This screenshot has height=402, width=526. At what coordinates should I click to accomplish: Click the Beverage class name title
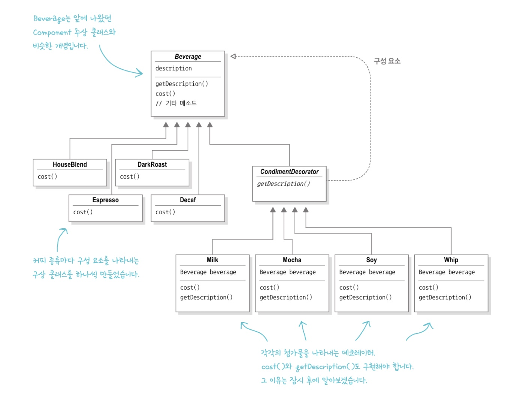tap(188, 57)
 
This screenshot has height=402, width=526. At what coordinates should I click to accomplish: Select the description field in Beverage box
tap(173, 69)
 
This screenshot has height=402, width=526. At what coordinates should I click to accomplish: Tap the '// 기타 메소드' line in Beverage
tap(176, 103)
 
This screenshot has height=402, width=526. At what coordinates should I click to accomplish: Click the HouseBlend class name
tap(70, 164)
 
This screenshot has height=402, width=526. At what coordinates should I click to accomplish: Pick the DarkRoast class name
tap(152, 164)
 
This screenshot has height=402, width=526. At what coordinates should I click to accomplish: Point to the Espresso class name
tap(105, 200)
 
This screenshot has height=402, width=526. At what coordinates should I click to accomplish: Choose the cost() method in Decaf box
tap(165, 212)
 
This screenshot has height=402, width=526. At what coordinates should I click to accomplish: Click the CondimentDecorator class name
tap(289, 172)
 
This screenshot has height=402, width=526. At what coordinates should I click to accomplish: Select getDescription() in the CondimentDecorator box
tap(283, 184)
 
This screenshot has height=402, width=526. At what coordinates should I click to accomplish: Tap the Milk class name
tap(212, 260)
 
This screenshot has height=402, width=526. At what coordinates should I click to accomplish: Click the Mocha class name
tap(292, 260)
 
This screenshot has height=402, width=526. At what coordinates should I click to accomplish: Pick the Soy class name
tap(371, 260)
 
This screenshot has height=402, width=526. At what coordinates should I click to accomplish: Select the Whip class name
tap(451, 260)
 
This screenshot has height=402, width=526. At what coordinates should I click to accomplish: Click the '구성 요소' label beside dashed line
tap(387, 61)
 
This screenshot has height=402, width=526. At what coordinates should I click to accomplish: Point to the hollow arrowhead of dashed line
tap(233, 56)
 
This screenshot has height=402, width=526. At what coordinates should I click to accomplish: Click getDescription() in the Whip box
tap(445, 297)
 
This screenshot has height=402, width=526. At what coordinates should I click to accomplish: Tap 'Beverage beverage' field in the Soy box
tap(367, 272)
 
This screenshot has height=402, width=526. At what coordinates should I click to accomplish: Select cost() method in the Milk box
tap(190, 288)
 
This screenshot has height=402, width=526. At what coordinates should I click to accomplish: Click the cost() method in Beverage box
tap(165, 94)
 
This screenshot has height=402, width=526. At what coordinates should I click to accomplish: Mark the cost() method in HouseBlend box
tap(47, 176)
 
